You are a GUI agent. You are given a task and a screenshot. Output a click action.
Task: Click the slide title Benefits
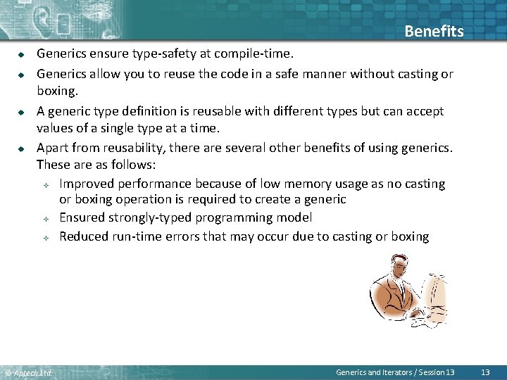pyautogui.click(x=434, y=32)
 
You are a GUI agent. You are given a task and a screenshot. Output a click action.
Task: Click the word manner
pyautogui.click(x=318, y=74)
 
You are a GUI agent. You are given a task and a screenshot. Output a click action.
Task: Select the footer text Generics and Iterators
pyautogui.click(x=375, y=372)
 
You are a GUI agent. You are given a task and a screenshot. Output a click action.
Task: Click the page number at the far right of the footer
pyautogui.click(x=485, y=372)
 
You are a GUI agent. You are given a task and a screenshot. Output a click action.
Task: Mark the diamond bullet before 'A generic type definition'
pyautogui.click(x=22, y=111)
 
